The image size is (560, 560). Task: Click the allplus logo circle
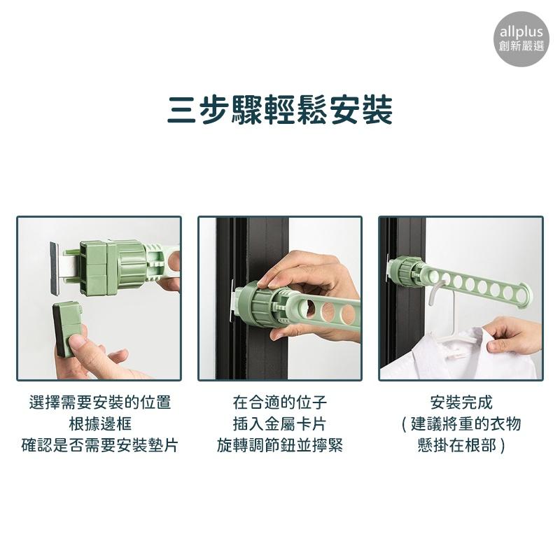pos(521,39)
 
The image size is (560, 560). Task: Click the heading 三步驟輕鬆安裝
pos(280,110)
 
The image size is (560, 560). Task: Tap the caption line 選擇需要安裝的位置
pos(100,402)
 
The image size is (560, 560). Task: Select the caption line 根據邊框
pos(100,424)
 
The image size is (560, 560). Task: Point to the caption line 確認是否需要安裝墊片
pos(100,445)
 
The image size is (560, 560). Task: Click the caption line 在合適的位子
pos(280,402)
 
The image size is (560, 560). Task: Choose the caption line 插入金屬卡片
pos(280,424)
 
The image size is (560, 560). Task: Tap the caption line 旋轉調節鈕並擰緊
pos(280,445)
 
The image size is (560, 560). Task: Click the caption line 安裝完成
pos(461,402)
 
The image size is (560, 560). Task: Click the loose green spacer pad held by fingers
pos(66,329)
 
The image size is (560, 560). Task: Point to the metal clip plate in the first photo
pos(55,268)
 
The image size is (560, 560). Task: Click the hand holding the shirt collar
pos(514,339)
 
